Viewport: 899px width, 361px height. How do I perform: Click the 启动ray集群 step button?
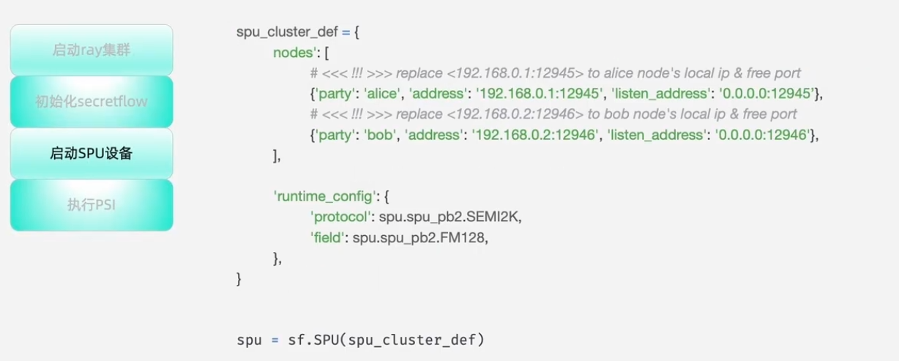point(92,50)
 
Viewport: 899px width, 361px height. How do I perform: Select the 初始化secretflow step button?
point(92,101)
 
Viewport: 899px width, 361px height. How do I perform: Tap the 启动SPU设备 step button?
point(92,153)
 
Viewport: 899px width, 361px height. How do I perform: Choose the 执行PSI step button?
point(92,205)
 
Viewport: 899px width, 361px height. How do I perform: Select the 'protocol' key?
point(340,217)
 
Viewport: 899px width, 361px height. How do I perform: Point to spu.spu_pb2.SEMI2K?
point(449,217)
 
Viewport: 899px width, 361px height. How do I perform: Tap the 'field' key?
point(327,238)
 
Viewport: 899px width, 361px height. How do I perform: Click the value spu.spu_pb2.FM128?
point(420,238)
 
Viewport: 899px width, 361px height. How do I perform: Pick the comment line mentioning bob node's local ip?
point(553,114)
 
